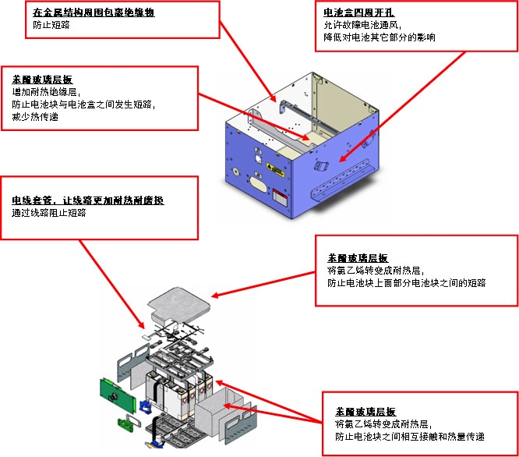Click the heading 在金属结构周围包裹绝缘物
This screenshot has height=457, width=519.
[x=94, y=12]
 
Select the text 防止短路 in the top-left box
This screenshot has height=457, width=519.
[x=51, y=25]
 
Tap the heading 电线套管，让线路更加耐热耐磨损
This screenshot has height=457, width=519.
[x=88, y=200]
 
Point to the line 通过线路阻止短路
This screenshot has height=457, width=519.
[x=48, y=212]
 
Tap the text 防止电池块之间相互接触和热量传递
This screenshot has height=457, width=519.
[x=409, y=436]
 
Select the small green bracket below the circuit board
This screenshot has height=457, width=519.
[x=125, y=425]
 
